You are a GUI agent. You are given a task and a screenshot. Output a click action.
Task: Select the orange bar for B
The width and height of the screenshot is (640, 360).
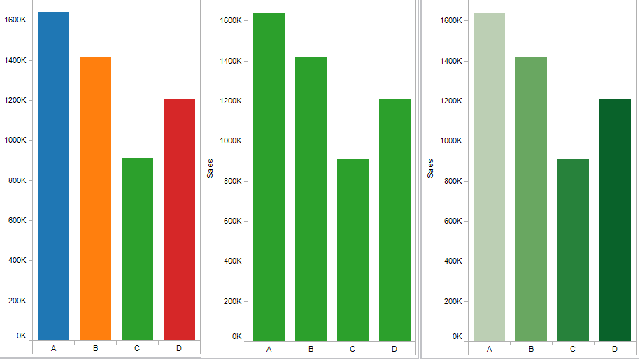tap(95, 199)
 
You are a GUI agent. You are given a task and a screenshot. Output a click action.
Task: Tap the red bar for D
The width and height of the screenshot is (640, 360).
tap(179, 219)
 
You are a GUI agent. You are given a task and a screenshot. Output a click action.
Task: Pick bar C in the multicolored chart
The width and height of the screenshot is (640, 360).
tap(137, 249)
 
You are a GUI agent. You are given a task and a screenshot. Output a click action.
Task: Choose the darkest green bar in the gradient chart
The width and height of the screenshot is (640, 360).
tap(615, 219)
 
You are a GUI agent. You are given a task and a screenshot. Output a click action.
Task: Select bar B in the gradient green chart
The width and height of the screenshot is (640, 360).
tap(531, 199)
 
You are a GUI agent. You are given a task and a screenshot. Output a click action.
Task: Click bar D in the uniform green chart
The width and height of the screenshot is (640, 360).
tap(394, 219)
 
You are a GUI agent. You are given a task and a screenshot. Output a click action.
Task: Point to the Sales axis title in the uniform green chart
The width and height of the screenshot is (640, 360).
tap(210, 168)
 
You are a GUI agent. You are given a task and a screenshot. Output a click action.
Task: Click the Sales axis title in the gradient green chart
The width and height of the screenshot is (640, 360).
tap(430, 168)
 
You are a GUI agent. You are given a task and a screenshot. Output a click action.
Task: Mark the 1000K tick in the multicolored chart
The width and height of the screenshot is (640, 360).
tap(15, 140)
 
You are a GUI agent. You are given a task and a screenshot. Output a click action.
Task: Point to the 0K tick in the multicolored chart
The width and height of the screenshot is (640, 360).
tap(22, 336)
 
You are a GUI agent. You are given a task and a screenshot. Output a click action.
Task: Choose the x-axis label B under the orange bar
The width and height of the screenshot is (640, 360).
tap(95, 348)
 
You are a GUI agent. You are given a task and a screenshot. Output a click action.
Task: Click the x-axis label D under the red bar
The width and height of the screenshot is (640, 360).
tap(179, 348)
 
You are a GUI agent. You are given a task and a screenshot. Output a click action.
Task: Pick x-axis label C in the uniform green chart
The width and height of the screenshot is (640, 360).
tap(353, 349)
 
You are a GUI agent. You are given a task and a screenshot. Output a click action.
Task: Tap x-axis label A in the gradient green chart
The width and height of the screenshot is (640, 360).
tap(489, 349)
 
